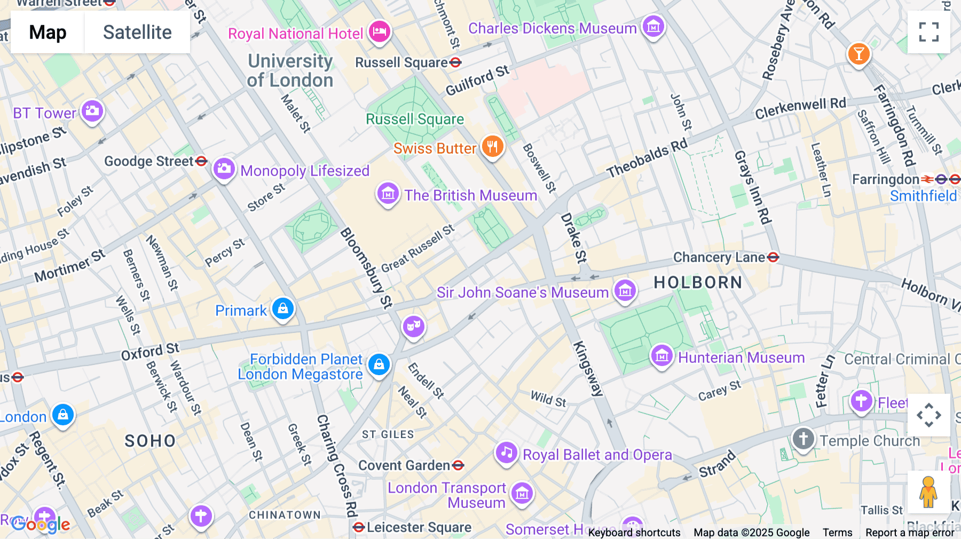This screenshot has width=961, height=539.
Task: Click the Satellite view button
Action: (x=137, y=33)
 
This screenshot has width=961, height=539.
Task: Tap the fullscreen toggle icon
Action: (x=928, y=32)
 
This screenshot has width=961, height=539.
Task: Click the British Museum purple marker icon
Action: (x=388, y=194)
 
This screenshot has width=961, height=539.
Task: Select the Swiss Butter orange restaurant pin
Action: (x=492, y=147)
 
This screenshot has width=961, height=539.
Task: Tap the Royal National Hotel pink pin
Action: (x=380, y=31)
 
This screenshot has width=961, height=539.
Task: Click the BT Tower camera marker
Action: (x=92, y=111)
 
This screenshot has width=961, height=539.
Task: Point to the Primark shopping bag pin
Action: (x=283, y=308)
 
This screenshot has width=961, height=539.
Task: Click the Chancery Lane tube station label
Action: (x=719, y=258)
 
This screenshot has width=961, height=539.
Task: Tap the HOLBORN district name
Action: (x=698, y=282)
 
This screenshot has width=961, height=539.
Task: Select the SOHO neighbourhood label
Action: (x=150, y=441)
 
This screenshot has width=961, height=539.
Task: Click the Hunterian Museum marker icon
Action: (x=662, y=355)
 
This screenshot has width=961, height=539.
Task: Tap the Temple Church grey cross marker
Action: (x=803, y=439)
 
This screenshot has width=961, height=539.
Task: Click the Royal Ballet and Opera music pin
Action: (x=506, y=453)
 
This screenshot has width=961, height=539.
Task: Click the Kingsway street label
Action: (x=588, y=369)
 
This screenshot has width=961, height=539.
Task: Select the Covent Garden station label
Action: (x=404, y=465)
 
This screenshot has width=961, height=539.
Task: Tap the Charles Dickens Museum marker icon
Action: (x=653, y=26)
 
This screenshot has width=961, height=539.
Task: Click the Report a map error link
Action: (x=910, y=532)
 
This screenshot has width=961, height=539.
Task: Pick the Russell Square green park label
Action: (x=415, y=119)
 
